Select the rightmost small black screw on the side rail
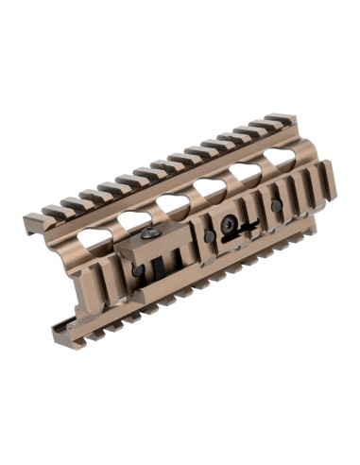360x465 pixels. click(275, 205)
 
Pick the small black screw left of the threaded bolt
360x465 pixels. click(139, 270)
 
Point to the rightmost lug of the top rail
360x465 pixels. click(283, 120)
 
